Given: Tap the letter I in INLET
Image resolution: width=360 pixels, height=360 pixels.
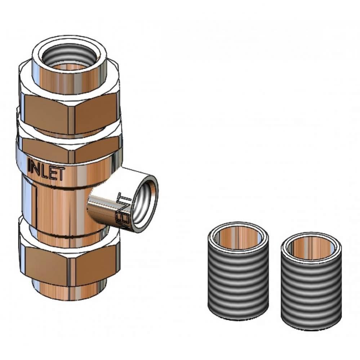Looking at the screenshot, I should pos(31,165).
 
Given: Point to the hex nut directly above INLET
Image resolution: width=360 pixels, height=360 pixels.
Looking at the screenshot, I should pos(68,148).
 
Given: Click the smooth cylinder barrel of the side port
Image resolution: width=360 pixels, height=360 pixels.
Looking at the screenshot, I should pos(105,209).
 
